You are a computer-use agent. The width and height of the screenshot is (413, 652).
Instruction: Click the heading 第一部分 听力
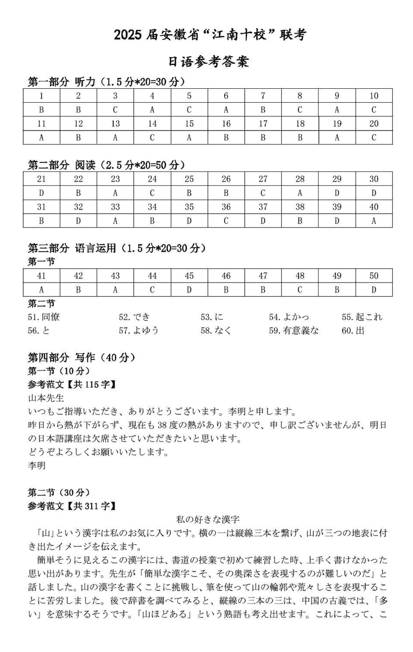click(61, 81)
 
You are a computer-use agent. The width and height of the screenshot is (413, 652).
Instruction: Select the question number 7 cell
click(263, 95)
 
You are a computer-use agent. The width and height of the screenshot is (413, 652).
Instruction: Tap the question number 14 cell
click(152, 124)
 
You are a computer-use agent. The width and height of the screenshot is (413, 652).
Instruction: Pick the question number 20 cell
click(374, 124)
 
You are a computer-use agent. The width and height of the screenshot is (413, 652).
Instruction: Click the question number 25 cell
click(189, 179)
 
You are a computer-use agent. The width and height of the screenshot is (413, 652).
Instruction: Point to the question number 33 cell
click(115, 207)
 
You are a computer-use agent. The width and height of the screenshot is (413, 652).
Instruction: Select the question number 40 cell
click(374, 207)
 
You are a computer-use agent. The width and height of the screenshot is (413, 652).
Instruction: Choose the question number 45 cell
click(189, 276)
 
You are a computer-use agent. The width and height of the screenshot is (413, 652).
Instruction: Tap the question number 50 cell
click(374, 276)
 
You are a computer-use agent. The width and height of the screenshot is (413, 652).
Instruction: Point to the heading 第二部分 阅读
click(61, 165)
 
